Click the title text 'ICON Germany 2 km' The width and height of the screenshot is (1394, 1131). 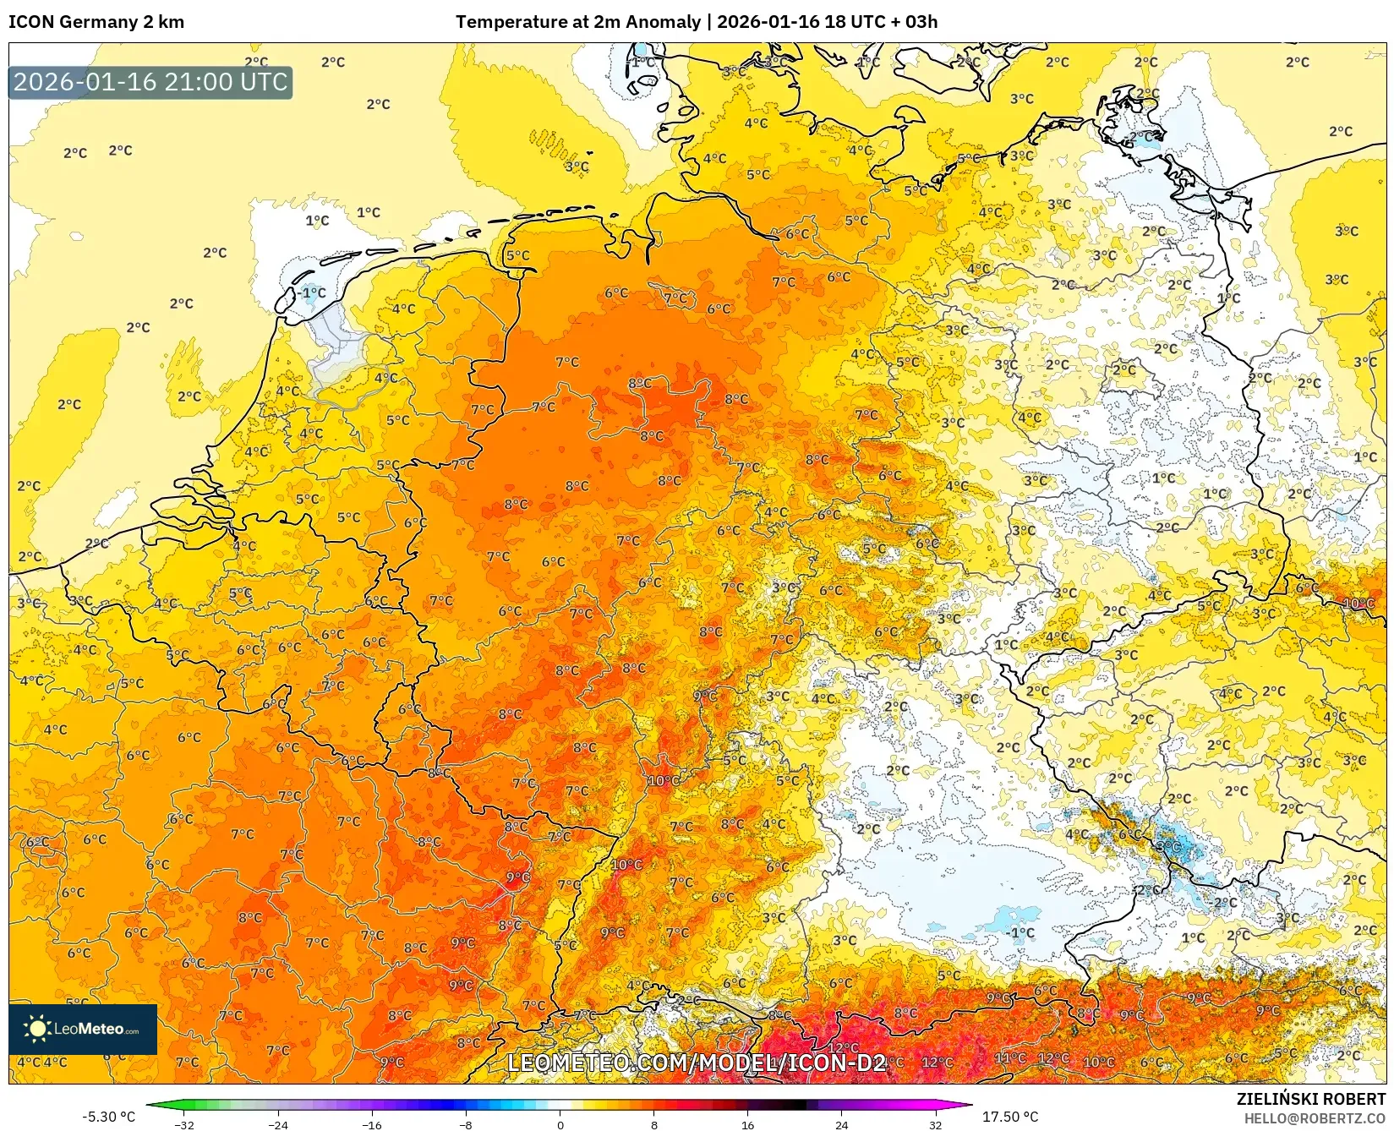point(96,22)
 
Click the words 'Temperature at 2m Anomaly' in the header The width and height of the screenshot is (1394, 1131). point(579,22)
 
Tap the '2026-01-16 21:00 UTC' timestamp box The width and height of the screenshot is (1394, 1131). point(150,82)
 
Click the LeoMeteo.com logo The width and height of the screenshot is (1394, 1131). point(83,1029)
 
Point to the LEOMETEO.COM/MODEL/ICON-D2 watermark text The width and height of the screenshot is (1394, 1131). point(697,1063)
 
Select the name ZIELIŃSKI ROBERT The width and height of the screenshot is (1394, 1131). point(1310,1099)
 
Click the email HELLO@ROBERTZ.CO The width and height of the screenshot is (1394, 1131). point(1315,1117)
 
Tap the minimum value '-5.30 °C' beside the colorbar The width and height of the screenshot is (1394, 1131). point(108,1117)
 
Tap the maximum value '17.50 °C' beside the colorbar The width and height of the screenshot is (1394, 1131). point(1009,1117)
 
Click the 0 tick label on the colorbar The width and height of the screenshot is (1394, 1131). point(560,1125)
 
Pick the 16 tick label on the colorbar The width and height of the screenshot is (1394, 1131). point(747,1125)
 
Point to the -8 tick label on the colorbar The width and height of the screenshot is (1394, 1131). point(465,1125)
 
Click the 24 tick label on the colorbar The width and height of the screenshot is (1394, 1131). point(841,1125)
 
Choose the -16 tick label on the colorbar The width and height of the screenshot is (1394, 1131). point(371,1125)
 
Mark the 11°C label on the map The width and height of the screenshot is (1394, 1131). point(1009,1057)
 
